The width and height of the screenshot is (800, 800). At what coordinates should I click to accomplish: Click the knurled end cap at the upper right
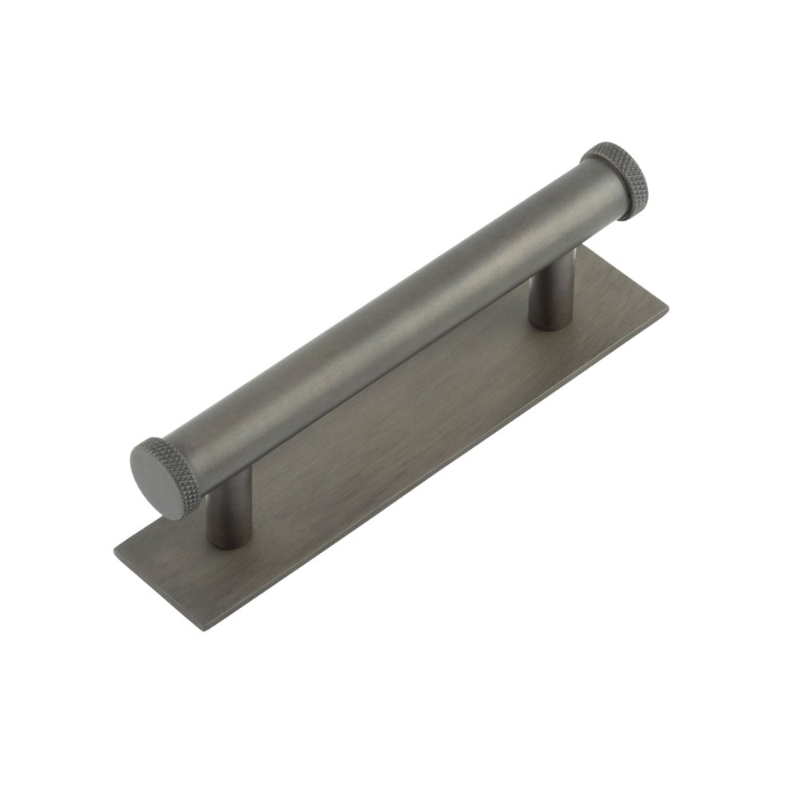click(x=618, y=179)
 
